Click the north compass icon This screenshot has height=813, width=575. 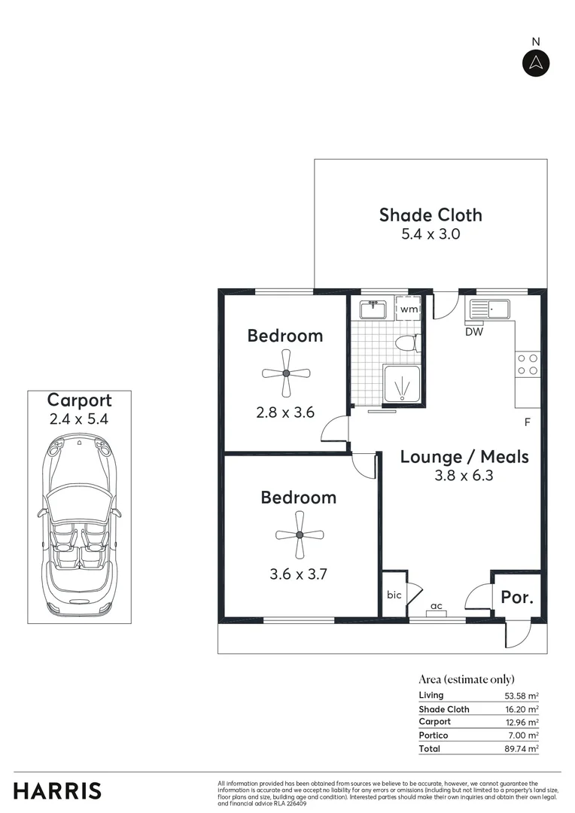[x=536, y=63]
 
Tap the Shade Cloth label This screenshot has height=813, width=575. [x=430, y=215]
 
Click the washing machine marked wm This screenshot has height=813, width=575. [x=409, y=309]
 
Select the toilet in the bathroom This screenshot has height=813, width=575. [x=406, y=344]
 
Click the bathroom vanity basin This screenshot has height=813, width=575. [x=373, y=309]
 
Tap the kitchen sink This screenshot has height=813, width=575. [x=489, y=307]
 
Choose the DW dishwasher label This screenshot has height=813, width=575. [x=473, y=331]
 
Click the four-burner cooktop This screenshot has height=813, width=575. [x=528, y=364]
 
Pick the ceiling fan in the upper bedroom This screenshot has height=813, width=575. [x=286, y=373]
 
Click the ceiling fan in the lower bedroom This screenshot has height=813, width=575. [x=299, y=534]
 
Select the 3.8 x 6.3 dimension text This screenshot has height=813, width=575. [x=464, y=476]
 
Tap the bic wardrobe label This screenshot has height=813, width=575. [x=393, y=595]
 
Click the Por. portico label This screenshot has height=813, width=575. [x=517, y=598]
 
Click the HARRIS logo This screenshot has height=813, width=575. [x=57, y=791]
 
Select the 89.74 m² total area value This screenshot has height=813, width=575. [x=522, y=749]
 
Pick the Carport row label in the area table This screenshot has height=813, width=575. [x=434, y=722]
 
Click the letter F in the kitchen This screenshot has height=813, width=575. [x=528, y=422]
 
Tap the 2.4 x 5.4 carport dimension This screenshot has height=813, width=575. [x=79, y=420]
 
